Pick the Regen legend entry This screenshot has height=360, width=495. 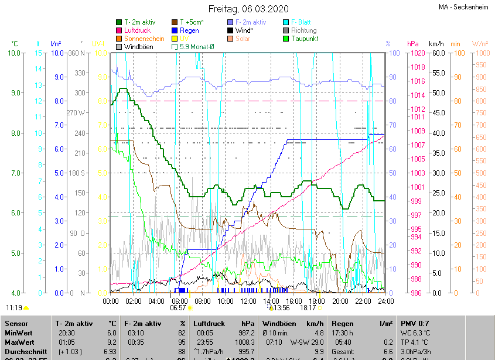pyautogui.click(x=189, y=30)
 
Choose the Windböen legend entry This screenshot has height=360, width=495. pyautogui.click(x=139, y=46)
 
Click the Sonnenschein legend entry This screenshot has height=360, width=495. pyautogui.click(x=144, y=39)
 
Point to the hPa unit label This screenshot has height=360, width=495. pyautogui.click(x=412, y=44)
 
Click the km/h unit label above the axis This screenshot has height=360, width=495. pyautogui.click(x=436, y=44)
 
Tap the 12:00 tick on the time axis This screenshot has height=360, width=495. pyautogui.click(x=248, y=301)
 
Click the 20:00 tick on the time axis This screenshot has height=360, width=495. pyautogui.click(x=340, y=301)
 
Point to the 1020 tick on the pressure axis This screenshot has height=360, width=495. pyautogui.click(x=417, y=53)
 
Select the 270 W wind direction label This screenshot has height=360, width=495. pyautogui.click(x=76, y=113)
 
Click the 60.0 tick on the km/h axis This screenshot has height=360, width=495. pyautogui.click(x=437, y=53)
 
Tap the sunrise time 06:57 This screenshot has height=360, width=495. pyautogui.click(x=177, y=307)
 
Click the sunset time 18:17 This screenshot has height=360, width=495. pyautogui.click(x=308, y=307)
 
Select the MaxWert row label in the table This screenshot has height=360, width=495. pyautogui.click(x=19, y=342)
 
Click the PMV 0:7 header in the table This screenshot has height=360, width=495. pyautogui.click(x=415, y=323)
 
